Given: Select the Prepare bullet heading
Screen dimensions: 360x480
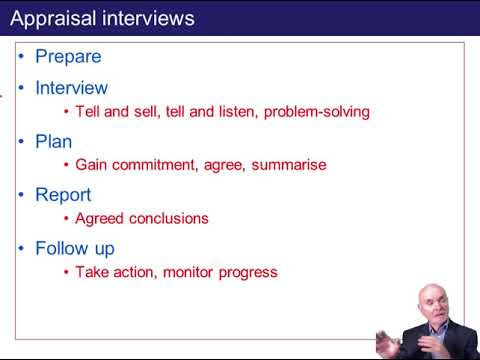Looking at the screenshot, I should pos(68,57).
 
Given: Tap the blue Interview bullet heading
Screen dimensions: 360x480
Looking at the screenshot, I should pos(71,88).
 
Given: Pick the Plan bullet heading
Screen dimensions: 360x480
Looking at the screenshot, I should pos(53,142).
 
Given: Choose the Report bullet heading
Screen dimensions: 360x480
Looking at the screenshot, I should pos(63,195).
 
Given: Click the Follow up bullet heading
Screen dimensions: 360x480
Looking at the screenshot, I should pos(75,248).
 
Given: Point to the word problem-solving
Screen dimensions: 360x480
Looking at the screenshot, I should pos(317,112).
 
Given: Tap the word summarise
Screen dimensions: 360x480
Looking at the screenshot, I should pos(290,165).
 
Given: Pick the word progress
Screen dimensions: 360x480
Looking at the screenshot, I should pos(250,272).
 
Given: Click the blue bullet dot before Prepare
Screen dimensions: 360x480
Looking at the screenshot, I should pos(23,57).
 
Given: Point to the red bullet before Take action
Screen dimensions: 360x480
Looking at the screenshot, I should pos(66,272).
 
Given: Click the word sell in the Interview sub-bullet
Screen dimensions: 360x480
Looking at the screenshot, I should pos(147,112).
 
